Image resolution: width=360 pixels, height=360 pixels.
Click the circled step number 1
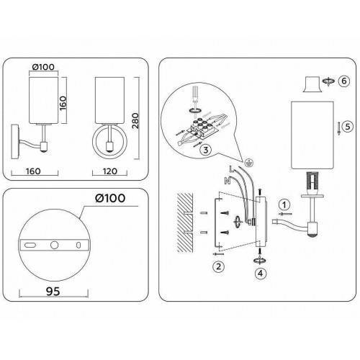284,205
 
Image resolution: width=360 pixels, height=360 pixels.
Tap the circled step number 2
218,266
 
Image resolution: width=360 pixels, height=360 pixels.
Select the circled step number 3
206,150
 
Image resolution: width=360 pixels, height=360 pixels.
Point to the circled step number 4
261,273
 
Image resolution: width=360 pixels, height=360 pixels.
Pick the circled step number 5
348,127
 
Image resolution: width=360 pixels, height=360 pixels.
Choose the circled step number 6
344,81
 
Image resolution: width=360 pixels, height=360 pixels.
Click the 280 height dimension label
135,121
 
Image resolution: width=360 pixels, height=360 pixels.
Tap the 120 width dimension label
110,171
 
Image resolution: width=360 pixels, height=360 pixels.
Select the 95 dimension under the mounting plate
53,292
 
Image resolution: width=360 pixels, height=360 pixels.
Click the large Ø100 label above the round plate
110,198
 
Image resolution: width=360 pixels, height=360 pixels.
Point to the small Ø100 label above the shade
43,67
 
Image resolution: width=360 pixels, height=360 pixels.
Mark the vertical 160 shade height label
63,103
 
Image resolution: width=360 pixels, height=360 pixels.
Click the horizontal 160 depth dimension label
33,171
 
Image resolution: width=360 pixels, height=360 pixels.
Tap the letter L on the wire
231,168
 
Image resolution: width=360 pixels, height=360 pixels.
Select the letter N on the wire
228,181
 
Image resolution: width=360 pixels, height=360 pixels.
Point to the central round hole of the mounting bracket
54,245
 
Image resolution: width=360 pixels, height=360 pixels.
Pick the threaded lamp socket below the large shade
312,183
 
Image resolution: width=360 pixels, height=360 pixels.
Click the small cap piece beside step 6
312,84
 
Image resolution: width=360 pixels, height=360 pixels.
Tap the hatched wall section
185,222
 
